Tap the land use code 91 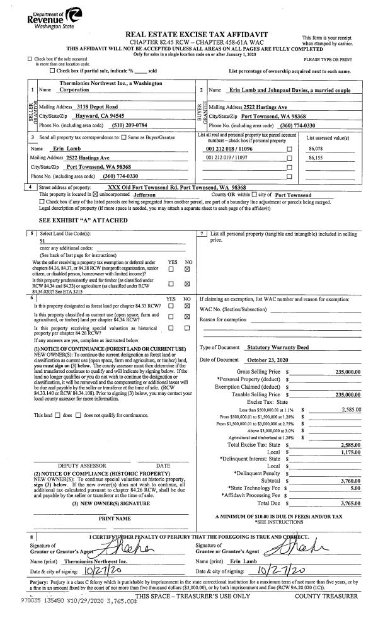point(42,240)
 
